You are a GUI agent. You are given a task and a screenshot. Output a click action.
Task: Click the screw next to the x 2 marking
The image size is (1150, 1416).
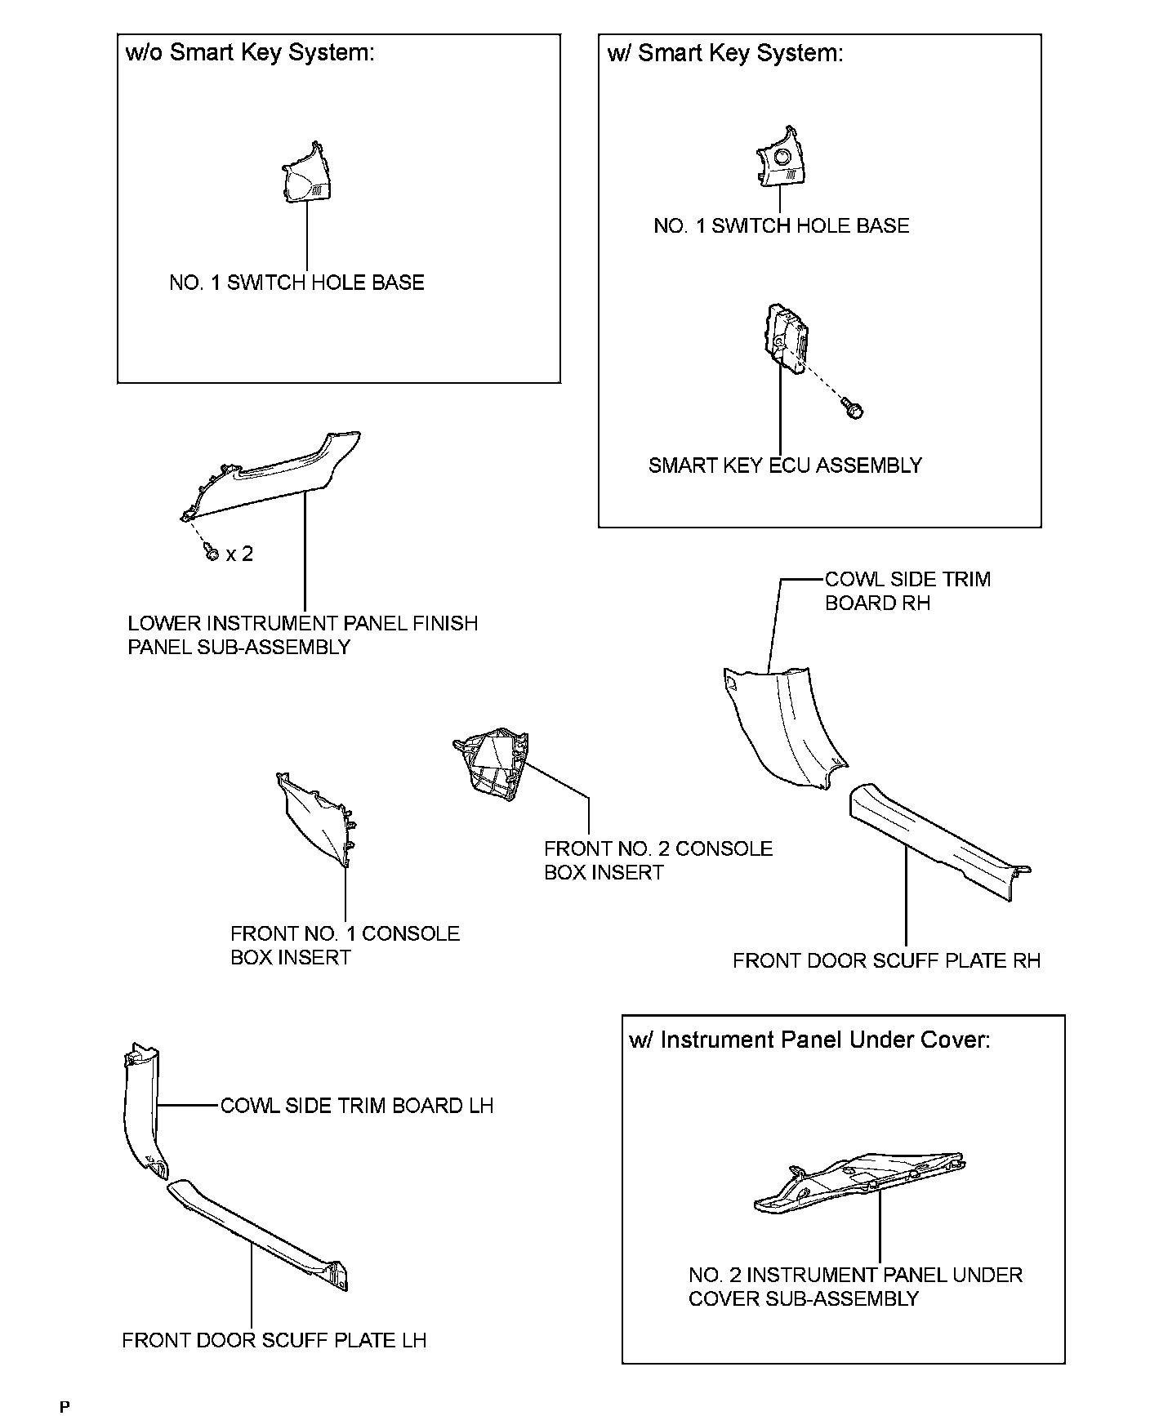point(212,553)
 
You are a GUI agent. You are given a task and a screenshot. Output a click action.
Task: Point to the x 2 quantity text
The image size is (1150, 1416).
point(239,554)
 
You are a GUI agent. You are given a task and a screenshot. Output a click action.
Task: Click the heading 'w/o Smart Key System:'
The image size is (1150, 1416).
point(250,54)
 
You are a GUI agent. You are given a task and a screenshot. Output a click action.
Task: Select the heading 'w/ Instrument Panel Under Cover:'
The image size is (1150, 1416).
point(809,1040)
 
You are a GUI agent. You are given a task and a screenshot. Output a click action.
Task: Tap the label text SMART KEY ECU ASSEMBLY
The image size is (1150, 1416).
point(785,465)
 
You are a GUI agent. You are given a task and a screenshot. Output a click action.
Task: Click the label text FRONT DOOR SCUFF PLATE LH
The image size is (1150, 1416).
point(274,1341)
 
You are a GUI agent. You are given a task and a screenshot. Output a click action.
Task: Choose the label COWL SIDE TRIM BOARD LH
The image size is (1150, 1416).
point(357,1106)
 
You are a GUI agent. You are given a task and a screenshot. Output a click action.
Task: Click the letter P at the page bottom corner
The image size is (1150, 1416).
point(65,1406)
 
